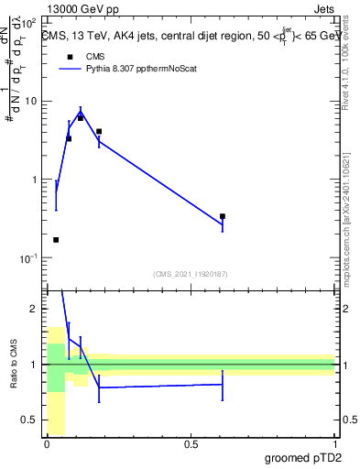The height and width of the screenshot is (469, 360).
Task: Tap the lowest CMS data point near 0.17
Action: tap(56, 240)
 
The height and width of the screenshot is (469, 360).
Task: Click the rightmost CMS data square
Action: tap(223, 216)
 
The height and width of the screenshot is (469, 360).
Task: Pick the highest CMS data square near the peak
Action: tap(81, 118)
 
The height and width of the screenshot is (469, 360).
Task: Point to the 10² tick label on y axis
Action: tap(27, 22)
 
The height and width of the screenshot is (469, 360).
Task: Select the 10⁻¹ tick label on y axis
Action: tap(27, 258)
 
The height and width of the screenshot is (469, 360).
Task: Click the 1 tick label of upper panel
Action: tap(35, 180)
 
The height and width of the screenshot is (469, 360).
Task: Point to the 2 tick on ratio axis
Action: tap(35, 309)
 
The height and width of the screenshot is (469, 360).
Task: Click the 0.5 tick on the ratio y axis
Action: tap(31, 420)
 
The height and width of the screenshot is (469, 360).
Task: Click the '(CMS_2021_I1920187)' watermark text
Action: tap(191, 274)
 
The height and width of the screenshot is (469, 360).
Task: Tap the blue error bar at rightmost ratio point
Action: tap(223, 385)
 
